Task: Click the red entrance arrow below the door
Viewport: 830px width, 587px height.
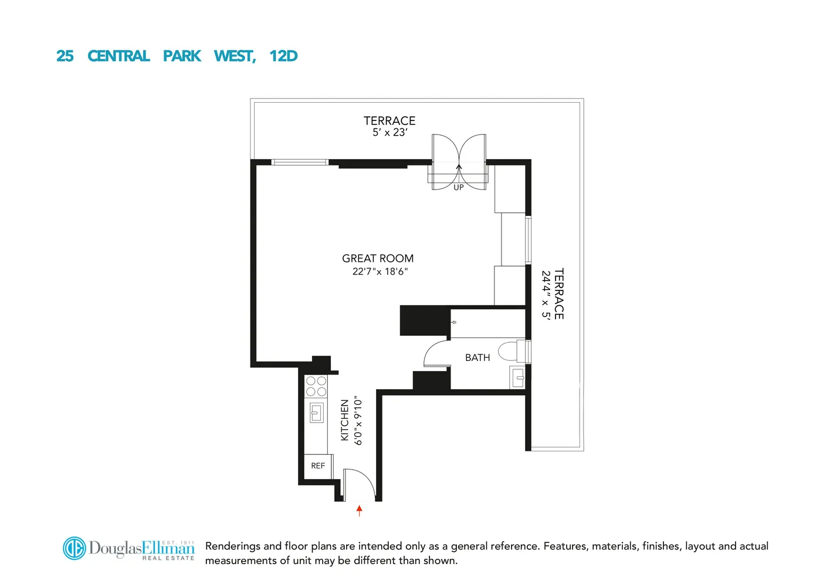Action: [x=360, y=510]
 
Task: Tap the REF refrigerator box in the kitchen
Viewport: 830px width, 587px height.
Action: [x=317, y=466]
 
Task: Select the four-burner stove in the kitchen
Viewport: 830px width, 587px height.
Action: [x=316, y=386]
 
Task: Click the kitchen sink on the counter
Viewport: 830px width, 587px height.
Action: [x=316, y=413]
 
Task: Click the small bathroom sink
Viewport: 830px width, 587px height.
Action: [x=517, y=377]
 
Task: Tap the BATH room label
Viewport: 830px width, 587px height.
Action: [x=477, y=357]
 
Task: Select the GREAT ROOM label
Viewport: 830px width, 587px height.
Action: [x=378, y=258]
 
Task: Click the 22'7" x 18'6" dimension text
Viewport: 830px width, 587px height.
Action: [x=380, y=272]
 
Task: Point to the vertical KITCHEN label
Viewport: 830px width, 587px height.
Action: [x=345, y=420]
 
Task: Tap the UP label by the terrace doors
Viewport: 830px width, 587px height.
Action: [x=458, y=188]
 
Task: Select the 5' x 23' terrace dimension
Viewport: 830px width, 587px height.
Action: [x=389, y=133]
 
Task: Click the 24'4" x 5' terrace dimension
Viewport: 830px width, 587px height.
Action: [x=546, y=294]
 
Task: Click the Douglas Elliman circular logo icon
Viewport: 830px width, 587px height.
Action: [x=74, y=548]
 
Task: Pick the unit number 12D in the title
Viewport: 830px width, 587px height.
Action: [x=283, y=56]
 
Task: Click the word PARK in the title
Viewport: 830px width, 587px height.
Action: [x=182, y=56]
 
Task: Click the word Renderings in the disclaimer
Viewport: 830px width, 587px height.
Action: [x=232, y=546]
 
